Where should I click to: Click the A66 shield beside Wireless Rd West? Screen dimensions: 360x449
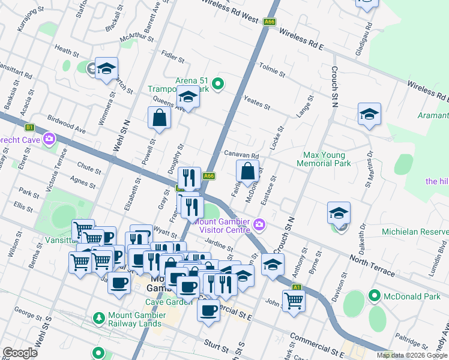pyautogui.click(x=270, y=22)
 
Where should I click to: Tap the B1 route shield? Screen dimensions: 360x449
pyautogui.click(x=29, y=127)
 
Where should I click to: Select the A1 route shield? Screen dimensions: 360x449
pyautogui.click(x=296, y=287)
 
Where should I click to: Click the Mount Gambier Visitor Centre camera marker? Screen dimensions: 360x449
pyautogui.click(x=259, y=225)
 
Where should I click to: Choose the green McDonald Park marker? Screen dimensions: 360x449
pyautogui.click(x=375, y=295)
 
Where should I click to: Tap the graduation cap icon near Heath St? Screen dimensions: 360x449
pyautogui.click(x=106, y=69)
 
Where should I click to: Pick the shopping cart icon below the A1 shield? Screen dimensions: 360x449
pyautogui.click(x=294, y=301)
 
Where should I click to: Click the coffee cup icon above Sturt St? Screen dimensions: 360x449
pyautogui.click(x=208, y=311)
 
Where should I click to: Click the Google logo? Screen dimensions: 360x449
pyautogui.click(x=20, y=353)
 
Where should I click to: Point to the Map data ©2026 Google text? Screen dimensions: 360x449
pyautogui.click(x=411, y=355)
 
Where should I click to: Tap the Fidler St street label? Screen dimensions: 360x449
pyautogui.click(x=173, y=56)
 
